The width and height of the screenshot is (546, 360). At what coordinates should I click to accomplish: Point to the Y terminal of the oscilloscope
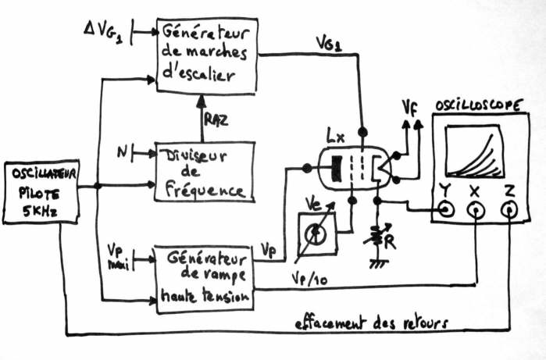pos(446,209)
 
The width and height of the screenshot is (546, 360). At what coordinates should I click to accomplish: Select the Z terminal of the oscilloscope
pos(510,209)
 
